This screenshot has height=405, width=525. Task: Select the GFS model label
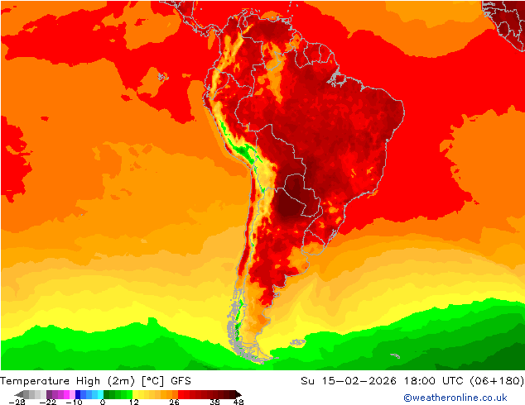click(181, 380)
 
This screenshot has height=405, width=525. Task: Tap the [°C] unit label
click(152, 380)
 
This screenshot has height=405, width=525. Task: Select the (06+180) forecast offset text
click(500, 380)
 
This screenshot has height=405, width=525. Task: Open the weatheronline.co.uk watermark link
click(455, 398)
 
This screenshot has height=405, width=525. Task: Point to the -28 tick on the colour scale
click(16, 402)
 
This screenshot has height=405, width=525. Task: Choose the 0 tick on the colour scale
click(103, 402)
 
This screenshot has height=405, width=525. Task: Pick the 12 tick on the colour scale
click(133, 402)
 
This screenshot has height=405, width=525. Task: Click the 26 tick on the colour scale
click(174, 402)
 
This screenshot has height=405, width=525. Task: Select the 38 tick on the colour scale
click(214, 402)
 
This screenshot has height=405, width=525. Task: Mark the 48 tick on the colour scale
click(238, 402)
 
